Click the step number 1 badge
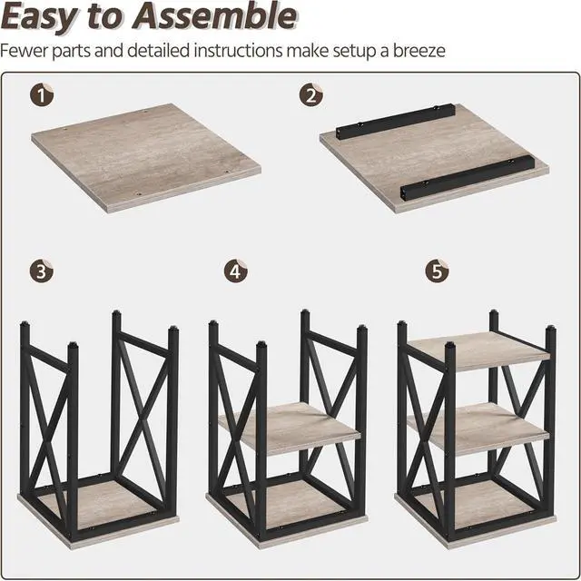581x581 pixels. (41, 94)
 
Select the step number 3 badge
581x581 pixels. (41, 271)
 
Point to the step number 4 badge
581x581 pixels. (235, 271)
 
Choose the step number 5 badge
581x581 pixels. (436, 271)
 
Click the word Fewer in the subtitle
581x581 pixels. (25, 50)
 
